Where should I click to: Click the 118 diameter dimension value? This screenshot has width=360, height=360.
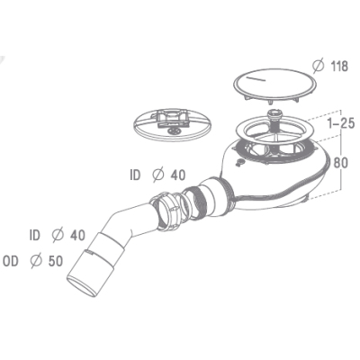(339, 67)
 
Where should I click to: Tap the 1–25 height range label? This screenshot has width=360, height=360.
(341, 123)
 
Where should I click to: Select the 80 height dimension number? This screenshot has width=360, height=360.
(341, 163)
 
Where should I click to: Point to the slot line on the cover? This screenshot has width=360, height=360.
(256, 78)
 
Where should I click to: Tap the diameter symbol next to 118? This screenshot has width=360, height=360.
(318, 67)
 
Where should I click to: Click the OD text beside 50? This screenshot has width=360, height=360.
(11, 261)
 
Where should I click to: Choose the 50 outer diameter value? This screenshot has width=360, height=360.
(56, 261)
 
